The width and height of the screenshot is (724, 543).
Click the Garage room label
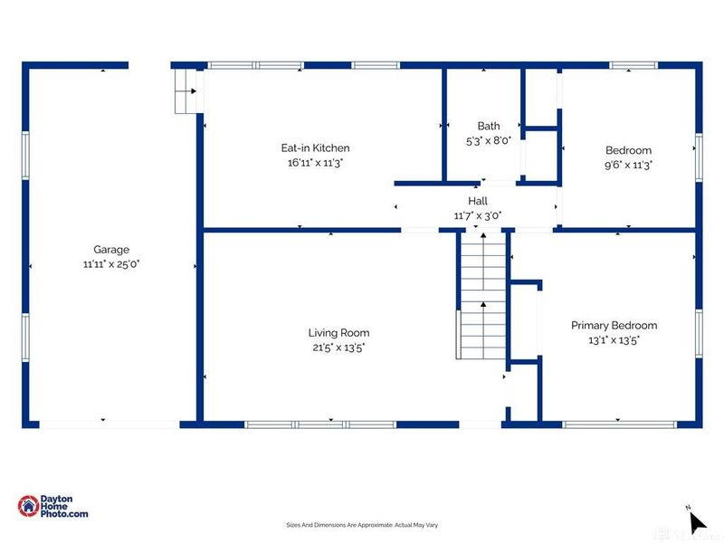111,250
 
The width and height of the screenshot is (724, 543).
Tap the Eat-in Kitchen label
315,148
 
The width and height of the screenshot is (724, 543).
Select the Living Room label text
338,332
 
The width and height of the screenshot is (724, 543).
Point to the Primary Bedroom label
614,325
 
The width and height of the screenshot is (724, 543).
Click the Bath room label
489,126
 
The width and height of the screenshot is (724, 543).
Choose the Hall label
478,201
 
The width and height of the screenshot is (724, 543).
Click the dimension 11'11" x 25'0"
111,264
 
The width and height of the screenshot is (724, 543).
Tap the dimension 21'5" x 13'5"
338,348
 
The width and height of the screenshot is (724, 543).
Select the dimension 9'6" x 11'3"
628,165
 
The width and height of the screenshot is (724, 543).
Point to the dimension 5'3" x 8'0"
489,140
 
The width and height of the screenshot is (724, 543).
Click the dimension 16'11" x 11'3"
315,163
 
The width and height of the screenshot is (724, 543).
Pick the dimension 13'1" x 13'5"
614,340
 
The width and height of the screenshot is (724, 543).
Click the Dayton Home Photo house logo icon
28,506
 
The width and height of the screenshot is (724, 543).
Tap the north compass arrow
697,523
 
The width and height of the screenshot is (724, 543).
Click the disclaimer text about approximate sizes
362,525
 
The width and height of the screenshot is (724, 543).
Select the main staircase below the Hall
483,296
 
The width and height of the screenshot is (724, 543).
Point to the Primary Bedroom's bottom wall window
619,424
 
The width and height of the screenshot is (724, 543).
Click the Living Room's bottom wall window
320,424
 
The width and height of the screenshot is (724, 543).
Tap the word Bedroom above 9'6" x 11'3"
628,150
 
